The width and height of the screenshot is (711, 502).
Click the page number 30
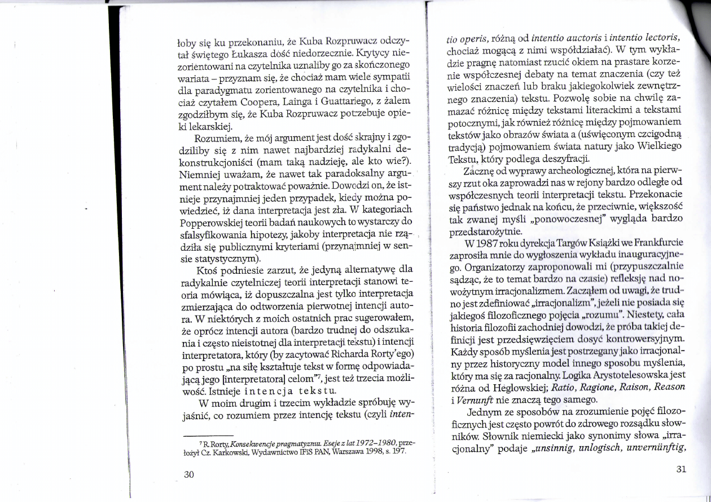click(x=189, y=474)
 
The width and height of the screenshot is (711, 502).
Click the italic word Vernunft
click(x=464, y=401)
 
